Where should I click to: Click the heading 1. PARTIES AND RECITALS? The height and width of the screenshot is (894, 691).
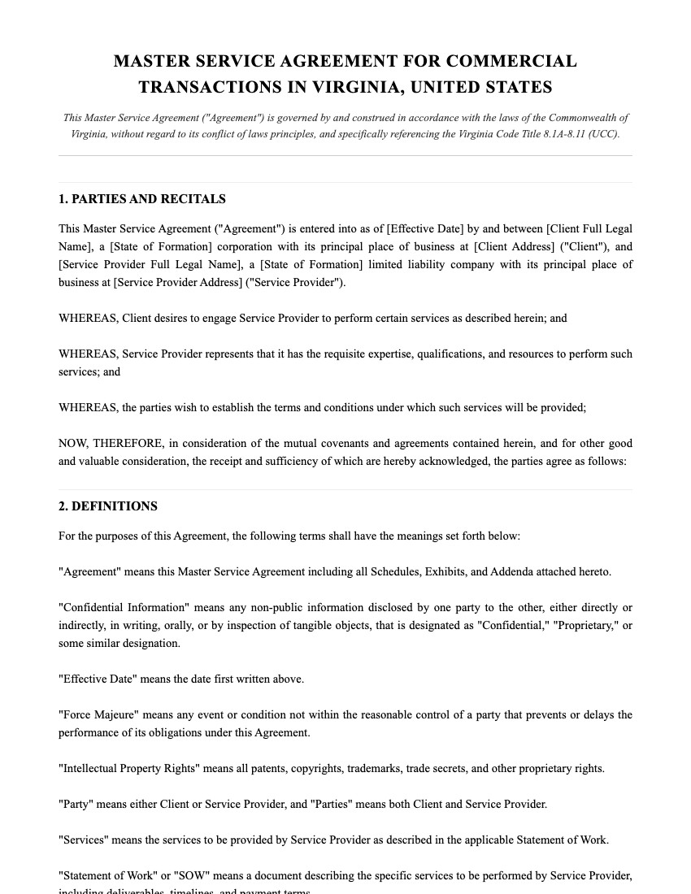[x=142, y=199]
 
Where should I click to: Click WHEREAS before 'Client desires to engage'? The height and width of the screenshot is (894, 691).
[x=88, y=319]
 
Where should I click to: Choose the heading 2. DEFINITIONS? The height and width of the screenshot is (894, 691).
[x=108, y=506]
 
